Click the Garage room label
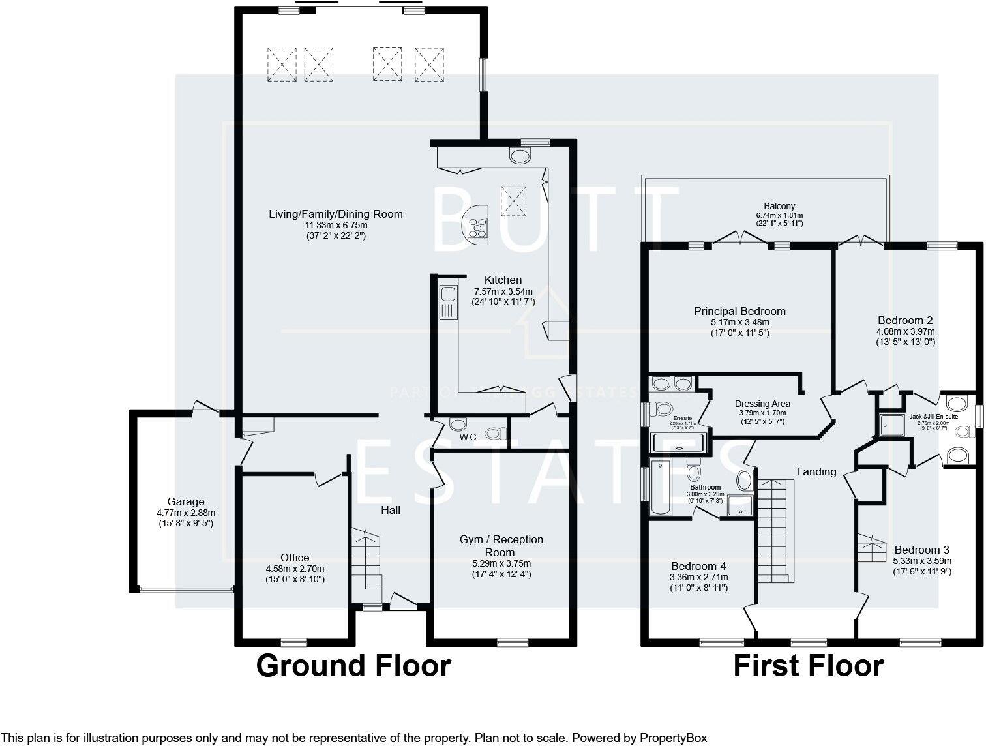186,501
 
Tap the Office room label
295,558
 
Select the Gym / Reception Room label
501,546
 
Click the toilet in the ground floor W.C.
497,433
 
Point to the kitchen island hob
477,225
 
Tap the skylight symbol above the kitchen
513,200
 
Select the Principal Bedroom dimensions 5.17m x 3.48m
739,322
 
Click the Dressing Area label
762,404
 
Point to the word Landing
816,471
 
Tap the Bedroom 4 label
698,566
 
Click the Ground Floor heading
353,666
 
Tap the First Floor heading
809,666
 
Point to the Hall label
391,510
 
